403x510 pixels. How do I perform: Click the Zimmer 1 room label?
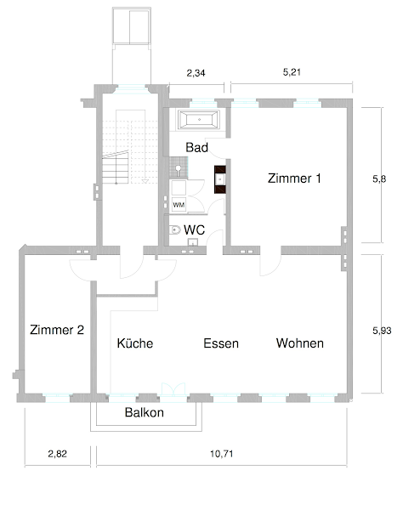(x=294, y=178)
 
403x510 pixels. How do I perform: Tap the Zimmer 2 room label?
(x=57, y=330)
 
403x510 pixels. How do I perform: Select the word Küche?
(x=135, y=343)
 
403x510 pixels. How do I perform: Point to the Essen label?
(x=221, y=343)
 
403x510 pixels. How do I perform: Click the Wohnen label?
(x=300, y=343)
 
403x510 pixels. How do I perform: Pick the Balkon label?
(x=144, y=412)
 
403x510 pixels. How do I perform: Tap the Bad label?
(x=196, y=147)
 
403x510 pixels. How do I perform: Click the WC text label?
(x=194, y=229)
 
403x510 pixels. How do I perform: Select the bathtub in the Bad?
(x=199, y=120)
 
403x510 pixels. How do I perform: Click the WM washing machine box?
(x=179, y=205)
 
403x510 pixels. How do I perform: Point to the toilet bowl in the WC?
(x=175, y=230)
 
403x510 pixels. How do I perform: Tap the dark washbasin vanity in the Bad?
(x=220, y=179)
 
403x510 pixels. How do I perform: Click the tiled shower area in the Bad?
(x=179, y=167)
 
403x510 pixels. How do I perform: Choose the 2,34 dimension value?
(x=196, y=73)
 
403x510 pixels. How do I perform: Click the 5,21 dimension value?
(x=292, y=72)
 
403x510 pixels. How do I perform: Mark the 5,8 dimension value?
(x=379, y=178)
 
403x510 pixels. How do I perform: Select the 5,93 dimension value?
(x=382, y=331)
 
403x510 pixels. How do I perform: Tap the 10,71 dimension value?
(x=222, y=453)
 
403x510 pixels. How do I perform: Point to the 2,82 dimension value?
(x=58, y=453)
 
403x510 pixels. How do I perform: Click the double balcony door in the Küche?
(x=173, y=389)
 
